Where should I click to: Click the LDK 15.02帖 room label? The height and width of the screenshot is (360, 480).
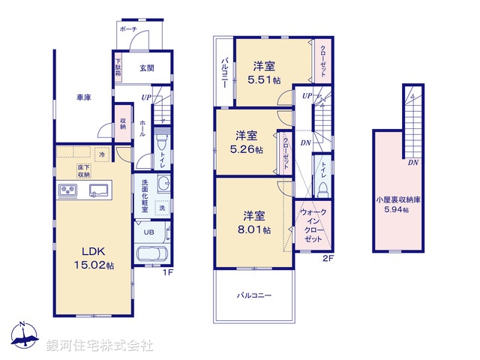point(92,258)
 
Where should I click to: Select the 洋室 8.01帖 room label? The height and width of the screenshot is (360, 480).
point(255,221)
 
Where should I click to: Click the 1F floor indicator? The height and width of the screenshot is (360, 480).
point(170,271)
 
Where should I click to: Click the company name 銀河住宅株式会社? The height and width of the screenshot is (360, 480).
point(99,346)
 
